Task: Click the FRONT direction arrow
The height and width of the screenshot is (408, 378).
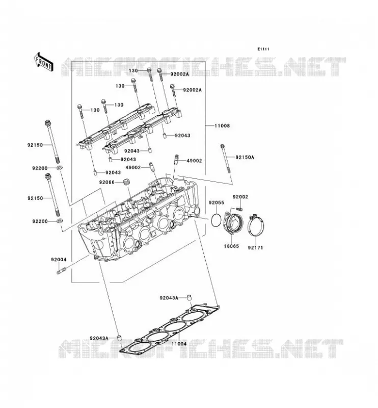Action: (x=43, y=61)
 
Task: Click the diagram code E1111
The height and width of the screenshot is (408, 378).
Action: (x=263, y=49)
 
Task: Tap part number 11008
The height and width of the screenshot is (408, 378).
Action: (x=222, y=125)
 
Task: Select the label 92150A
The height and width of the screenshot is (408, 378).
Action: (x=245, y=157)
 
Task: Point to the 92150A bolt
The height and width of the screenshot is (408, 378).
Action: (x=225, y=158)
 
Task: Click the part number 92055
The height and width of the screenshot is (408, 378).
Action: (x=217, y=202)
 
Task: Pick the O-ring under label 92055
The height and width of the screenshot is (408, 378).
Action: (x=217, y=220)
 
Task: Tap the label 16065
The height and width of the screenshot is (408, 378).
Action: (x=231, y=246)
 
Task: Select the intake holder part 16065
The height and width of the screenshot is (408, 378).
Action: (x=233, y=222)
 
